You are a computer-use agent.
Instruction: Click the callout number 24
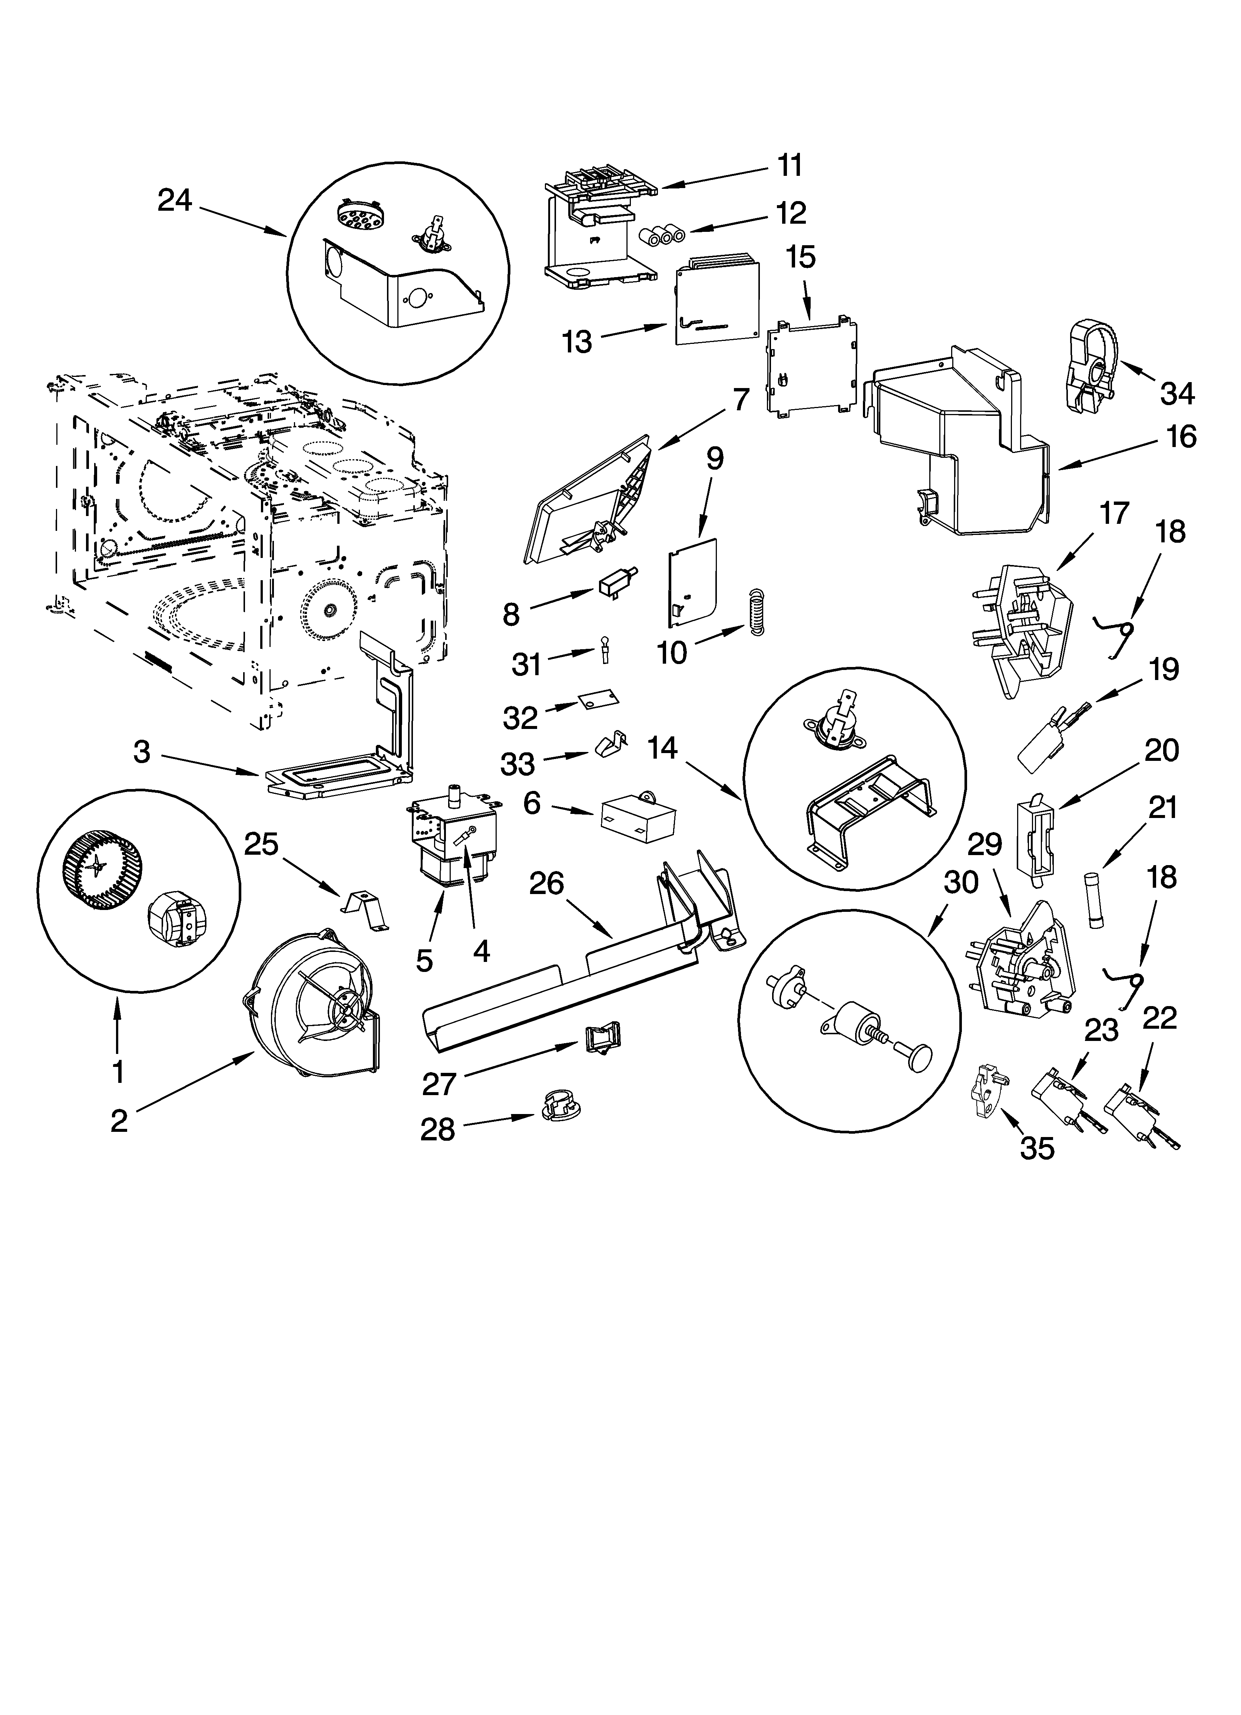[x=175, y=201]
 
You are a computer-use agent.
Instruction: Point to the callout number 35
[x=1037, y=1148]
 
